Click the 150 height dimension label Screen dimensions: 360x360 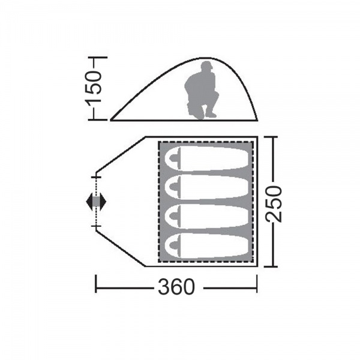(x=94, y=88)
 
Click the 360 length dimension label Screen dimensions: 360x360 (x=176, y=287)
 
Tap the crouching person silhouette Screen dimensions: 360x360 (x=201, y=90)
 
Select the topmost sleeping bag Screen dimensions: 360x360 (x=206, y=158)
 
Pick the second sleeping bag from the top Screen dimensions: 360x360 (x=206, y=187)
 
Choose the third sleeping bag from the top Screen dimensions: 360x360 (x=206, y=216)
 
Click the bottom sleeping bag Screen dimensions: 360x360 (x=206, y=245)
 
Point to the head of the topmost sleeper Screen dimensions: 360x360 (x=175, y=158)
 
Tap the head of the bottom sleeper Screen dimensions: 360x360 (x=175, y=245)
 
